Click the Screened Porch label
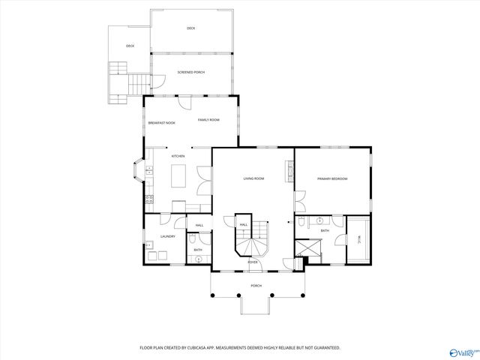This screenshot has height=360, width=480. (x=190, y=72)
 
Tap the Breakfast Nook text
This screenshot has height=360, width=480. (x=161, y=122)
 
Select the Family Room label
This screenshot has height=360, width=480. (x=208, y=120)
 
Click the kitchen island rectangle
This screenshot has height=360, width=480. (x=180, y=176)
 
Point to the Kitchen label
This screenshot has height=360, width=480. (x=178, y=156)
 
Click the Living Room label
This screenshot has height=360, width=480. (x=253, y=178)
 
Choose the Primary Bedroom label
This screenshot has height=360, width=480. (x=331, y=178)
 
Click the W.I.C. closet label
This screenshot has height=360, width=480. (x=358, y=239)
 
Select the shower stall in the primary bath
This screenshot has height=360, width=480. (x=306, y=248)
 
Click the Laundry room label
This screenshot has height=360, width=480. (x=167, y=236)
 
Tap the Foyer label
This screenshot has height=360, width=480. (x=253, y=262)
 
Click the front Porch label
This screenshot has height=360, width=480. (x=256, y=286)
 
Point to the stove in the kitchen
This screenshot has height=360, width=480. (x=149, y=200)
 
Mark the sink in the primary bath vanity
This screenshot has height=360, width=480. (x=319, y=221)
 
